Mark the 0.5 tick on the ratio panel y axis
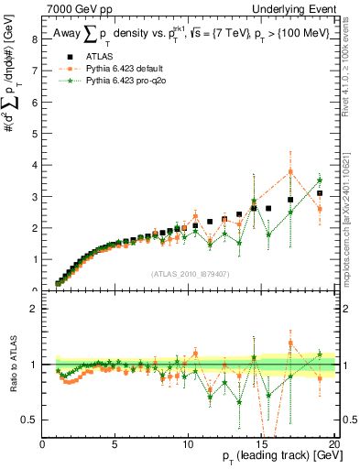(32, 420)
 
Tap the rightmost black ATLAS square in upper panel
(320, 193)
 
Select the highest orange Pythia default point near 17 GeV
(290, 171)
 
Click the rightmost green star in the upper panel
(320, 180)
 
